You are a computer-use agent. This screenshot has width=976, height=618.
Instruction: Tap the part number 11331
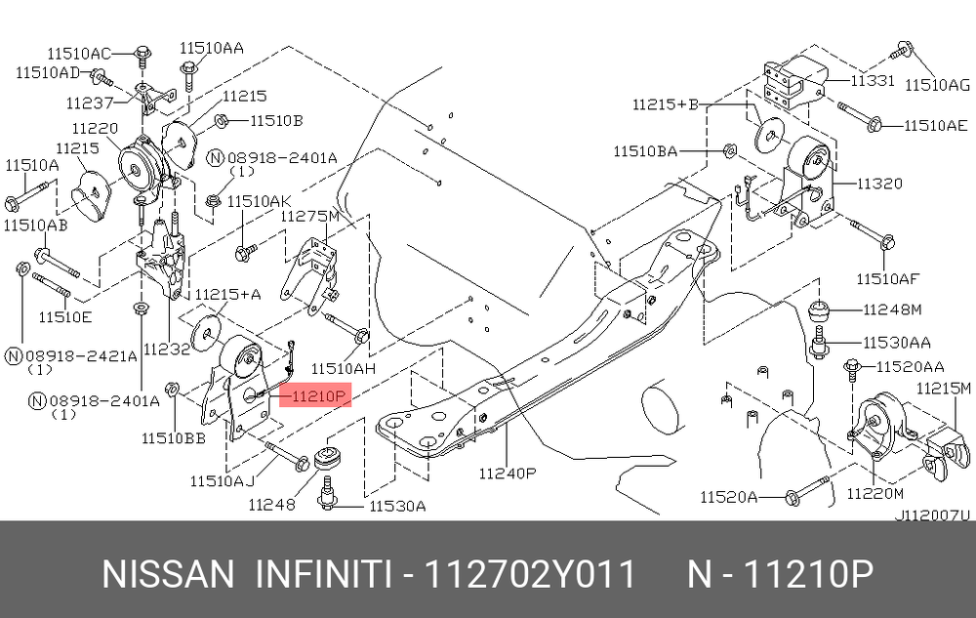[x=872, y=81]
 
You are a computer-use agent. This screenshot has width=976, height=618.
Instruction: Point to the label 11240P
[x=508, y=474]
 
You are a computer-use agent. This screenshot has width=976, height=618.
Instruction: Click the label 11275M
[x=310, y=216]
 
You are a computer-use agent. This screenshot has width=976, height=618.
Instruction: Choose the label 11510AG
[x=938, y=85]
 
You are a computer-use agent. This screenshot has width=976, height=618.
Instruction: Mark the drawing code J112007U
[x=933, y=515]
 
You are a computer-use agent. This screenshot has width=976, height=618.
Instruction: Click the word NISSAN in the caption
[x=168, y=574]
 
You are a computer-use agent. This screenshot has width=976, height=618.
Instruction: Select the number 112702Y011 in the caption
[x=527, y=574]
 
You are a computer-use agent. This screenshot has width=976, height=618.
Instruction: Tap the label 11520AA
[x=910, y=367]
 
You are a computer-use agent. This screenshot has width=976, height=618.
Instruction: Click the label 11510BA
[x=645, y=150]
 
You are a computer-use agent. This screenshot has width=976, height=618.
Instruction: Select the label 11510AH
[x=344, y=368]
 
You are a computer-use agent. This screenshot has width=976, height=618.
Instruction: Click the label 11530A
[x=397, y=506]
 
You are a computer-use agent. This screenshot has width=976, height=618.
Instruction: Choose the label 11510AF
[x=888, y=279]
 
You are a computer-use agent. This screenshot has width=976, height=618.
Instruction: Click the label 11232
[x=165, y=348]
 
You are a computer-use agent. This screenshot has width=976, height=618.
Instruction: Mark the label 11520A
[x=728, y=498]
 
